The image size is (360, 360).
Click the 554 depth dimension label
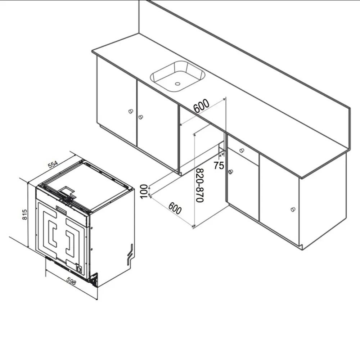pos(53,165)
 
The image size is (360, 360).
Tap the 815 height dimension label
pos(24,215)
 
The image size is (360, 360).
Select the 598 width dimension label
pos(71,281)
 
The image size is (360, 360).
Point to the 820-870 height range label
pos(200,185)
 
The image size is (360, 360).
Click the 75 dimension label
pos(219,165)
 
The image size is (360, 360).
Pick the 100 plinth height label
pos(144,192)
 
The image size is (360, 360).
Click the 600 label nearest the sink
pos(201,105)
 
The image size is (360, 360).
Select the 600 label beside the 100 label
pos(175,208)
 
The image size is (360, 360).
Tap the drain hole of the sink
pos(177,84)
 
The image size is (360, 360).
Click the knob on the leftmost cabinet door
pos(131,111)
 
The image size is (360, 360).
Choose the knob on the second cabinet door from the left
pos(140,117)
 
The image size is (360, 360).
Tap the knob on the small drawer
pos(242,150)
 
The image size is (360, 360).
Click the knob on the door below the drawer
pos(230,171)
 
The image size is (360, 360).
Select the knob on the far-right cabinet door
pos(293,210)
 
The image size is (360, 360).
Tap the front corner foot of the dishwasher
pos(94,280)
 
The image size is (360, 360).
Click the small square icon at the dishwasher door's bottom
pos(79,269)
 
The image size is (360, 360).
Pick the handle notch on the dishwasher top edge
pos(67,190)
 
